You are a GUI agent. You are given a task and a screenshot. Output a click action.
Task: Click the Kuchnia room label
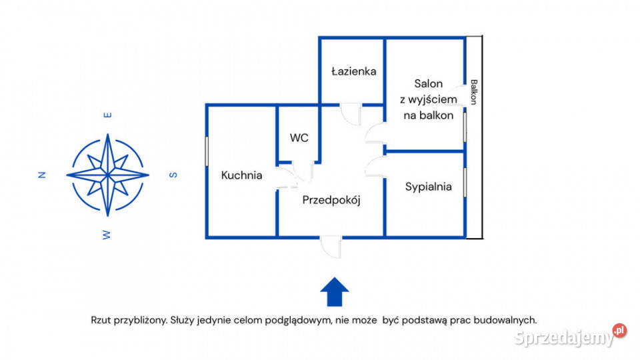241,175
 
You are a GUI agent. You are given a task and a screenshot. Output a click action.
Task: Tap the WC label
299,138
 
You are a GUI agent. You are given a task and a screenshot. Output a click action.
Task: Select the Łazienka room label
354,71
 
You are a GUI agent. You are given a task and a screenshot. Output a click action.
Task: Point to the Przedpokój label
331,199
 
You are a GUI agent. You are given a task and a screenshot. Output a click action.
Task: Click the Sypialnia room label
428,187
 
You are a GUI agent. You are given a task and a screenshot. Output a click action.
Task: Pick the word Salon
428,84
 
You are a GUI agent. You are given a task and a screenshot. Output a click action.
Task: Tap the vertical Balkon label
473,92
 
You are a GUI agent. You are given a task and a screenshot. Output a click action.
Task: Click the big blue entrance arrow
335,292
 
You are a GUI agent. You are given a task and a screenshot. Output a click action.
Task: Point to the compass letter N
42,175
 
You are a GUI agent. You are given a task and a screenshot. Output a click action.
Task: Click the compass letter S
173,175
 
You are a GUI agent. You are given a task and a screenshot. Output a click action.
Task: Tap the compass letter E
107,115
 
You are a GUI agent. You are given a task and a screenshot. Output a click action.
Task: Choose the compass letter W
107,234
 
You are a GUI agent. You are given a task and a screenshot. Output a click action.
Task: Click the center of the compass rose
107,175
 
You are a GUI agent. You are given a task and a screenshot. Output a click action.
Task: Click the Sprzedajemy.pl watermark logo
570,336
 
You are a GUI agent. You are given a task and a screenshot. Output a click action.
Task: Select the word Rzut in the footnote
102,320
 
